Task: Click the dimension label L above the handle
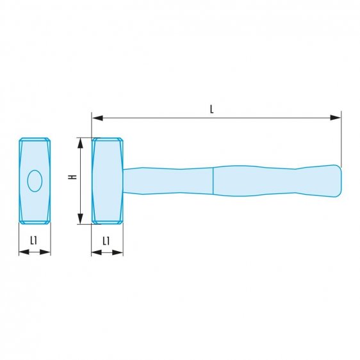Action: click(211, 109)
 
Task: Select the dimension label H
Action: click(74, 177)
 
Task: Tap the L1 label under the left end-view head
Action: click(34, 240)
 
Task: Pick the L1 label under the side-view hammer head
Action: click(106, 240)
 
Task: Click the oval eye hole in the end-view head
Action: click(35, 181)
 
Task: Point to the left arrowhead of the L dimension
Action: click(97, 118)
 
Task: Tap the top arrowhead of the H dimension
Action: click(81, 142)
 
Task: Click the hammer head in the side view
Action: click(108, 181)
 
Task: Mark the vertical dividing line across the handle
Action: click(213, 180)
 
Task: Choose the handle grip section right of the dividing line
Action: click(269, 181)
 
